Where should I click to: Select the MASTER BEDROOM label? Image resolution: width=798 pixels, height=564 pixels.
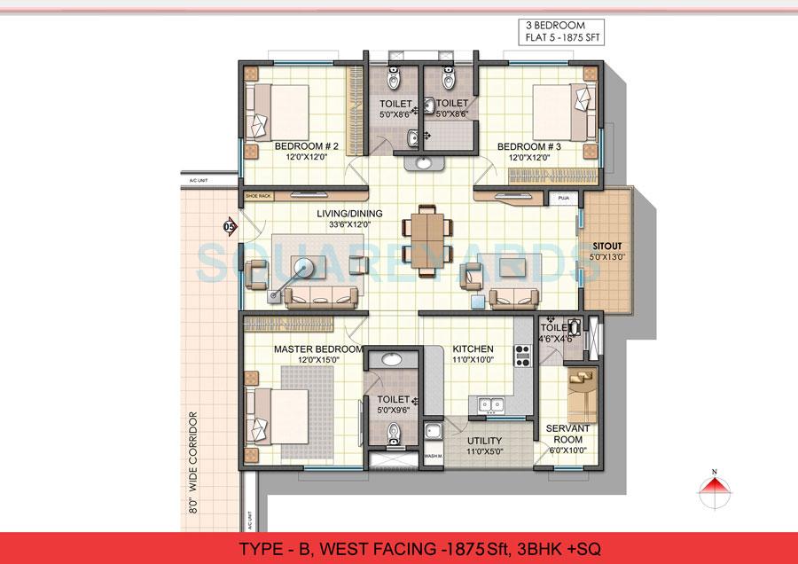pyautogui.click(x=317, y=349)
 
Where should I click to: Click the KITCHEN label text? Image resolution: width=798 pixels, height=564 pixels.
pyautogui.click(x=473, y=349)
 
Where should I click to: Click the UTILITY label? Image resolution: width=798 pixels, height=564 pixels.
pyautogui.click(x=483, y=440)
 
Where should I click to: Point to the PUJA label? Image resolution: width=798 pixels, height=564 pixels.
pyautogui.click(x=562, y=198)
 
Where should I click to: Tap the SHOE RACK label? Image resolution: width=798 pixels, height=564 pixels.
pyautogui.click(x=258, y=198)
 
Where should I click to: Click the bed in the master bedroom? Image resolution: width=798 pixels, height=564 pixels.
pyautogui.click(x=279, y=413)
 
